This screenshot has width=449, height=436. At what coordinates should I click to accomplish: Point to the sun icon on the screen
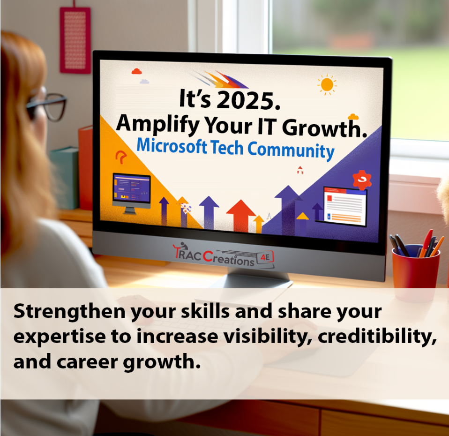click(327, 84)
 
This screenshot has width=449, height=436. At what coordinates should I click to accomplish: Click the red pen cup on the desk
click(415, 265)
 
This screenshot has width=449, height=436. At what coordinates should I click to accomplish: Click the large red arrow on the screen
click(241, 214)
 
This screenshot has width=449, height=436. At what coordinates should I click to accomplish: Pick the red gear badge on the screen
click(361, 180)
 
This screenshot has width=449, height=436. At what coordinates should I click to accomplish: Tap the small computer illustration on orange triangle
click(132, 190)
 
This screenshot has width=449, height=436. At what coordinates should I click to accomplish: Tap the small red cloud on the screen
click(136, 71)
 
